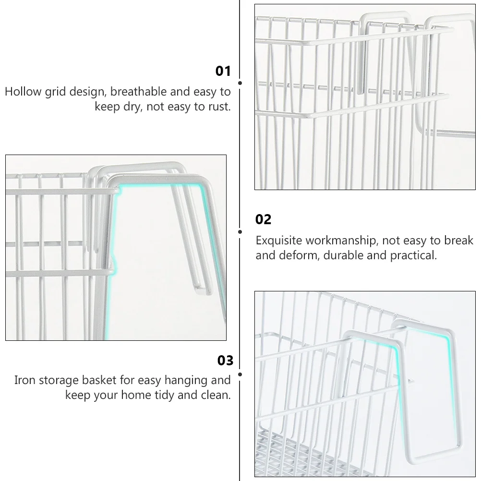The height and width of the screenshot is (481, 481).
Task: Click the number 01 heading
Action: pos(223,72)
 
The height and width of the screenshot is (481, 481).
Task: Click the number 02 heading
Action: pos(264,220)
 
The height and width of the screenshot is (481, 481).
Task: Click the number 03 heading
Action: pos(225,361)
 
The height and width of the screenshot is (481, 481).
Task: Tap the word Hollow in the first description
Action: pos(23,92)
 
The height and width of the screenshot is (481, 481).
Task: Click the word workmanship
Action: pos(344,240)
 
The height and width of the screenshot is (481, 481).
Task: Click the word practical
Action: pos(413,255)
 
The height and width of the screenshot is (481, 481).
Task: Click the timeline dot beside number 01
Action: pos(240,83)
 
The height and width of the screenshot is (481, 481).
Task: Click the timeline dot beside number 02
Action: pos(240,231)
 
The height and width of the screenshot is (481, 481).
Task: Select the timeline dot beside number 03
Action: pos(240,373)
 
